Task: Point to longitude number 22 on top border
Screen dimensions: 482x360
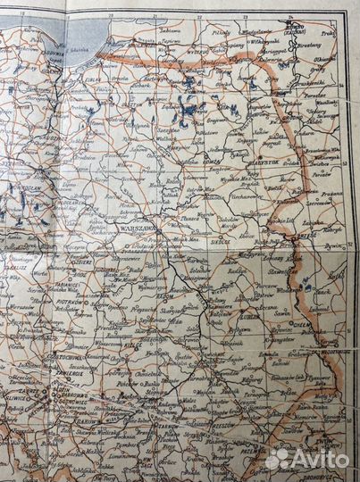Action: click(201, 16)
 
